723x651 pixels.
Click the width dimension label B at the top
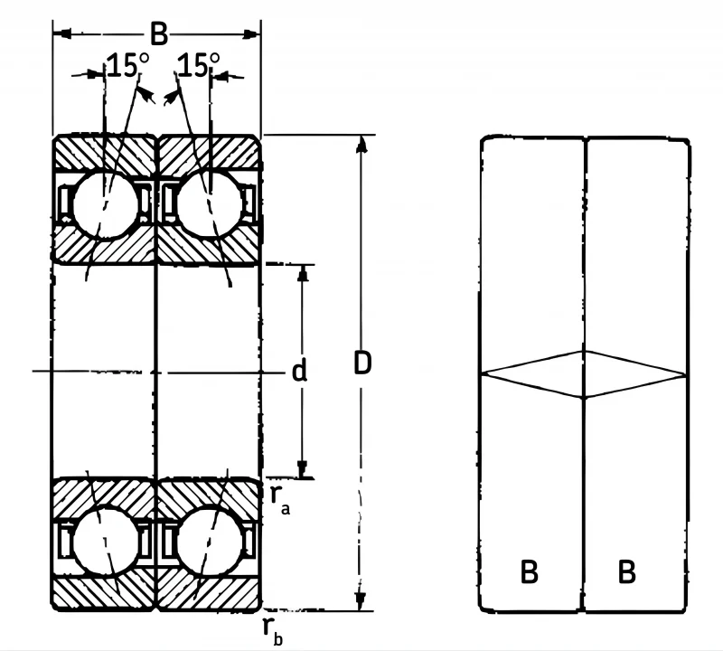tap(159, 33)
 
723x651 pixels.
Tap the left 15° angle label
tap(127, 65)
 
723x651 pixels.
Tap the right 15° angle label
tap(199, 64)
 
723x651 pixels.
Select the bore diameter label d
tap(300, 372)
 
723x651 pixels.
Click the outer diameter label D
tap(362, 363)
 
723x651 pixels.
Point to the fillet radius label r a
tap(280, 500)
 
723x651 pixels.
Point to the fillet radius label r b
tap(273, 632)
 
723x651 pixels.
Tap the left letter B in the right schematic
tap(529, 571)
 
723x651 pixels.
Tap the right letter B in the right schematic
tap(626, 571)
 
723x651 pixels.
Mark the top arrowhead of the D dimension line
tap(362, 144)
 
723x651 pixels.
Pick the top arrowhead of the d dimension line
tap(303, 274)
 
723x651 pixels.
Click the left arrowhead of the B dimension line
tap(62, 33)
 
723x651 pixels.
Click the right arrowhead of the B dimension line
tap(251, 34)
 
